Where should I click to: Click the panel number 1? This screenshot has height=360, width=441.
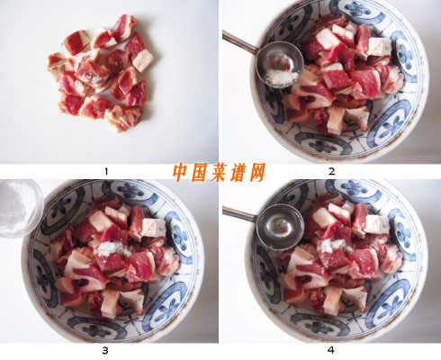(106, 172)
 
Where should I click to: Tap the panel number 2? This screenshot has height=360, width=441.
(331, 172)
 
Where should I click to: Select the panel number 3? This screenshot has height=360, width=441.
(105, 350)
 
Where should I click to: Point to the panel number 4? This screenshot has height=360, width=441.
(331, 350)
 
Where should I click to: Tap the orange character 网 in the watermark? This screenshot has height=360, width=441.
(256, 172)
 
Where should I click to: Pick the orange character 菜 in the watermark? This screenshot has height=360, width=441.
(220, 172)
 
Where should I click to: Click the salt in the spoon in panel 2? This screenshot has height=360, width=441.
(281, 77)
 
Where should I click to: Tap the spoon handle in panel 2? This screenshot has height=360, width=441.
(239, 41)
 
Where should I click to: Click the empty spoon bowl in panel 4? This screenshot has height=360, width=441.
(281, 227)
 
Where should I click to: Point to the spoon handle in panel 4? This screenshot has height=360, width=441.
(240, 214)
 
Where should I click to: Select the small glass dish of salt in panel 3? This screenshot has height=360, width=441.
(19, 207)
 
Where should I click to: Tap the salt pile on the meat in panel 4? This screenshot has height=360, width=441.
(336, 246)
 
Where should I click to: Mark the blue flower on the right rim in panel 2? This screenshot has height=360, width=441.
(406, 57)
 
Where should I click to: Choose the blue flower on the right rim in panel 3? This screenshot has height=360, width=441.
(181, 238)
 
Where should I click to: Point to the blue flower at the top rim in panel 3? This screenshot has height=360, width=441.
(131, 190)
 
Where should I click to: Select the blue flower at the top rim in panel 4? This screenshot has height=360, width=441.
(355, 188)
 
